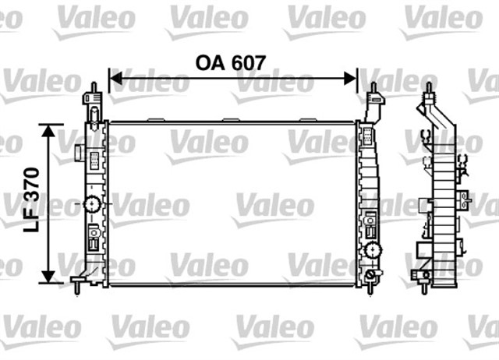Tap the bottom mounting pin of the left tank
(x=79, y=289)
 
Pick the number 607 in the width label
(x=247, y=63)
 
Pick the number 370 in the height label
(x=31, y=187)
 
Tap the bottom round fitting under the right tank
(x=369, y=277)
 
